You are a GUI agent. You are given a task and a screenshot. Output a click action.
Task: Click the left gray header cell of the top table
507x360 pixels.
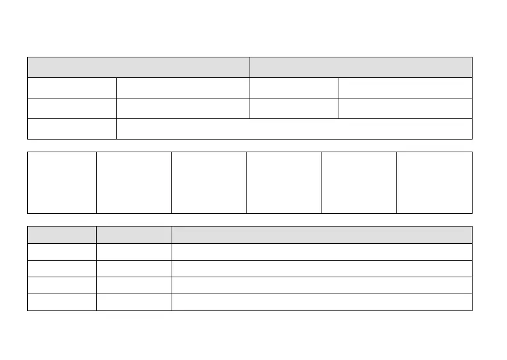coord(138,67)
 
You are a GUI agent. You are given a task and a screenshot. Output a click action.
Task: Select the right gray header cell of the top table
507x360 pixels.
coord(361,67)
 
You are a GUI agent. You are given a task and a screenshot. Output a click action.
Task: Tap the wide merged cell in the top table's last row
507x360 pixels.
coord(294,129)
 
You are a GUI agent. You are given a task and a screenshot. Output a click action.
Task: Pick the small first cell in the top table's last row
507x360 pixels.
coord(71,129)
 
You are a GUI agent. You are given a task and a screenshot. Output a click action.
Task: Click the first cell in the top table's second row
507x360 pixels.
coord(71,88)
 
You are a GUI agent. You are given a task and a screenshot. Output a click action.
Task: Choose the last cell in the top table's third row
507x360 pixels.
coord(405,108)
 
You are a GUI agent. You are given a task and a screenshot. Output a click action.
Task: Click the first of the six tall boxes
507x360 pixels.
coord(62,182)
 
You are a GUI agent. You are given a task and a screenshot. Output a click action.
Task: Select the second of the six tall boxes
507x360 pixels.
coord(134,182)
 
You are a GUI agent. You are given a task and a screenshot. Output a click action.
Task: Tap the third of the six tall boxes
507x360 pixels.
coord(208,182)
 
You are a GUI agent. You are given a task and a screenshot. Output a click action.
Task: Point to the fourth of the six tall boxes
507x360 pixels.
coord(283,182)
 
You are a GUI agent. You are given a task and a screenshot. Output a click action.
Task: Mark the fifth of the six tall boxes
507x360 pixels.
coord(358,182)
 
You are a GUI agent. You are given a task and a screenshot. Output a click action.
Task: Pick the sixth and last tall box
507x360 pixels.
coord(434,182)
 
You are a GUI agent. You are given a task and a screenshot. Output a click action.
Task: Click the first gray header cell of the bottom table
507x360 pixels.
coord(62,235)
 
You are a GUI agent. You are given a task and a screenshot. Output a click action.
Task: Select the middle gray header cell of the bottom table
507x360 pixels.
coord(134,235)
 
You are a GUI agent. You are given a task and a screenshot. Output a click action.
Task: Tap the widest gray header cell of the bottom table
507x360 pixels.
coord(321,235)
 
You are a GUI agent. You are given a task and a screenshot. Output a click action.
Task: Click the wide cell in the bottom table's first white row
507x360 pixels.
coord(321,252)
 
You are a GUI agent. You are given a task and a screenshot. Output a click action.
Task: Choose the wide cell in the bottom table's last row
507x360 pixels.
coord(321,302)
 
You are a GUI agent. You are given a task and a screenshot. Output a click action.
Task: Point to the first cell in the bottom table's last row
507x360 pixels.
coord(62,302)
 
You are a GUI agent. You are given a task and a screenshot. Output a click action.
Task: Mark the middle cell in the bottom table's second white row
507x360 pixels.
coord(134,269)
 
